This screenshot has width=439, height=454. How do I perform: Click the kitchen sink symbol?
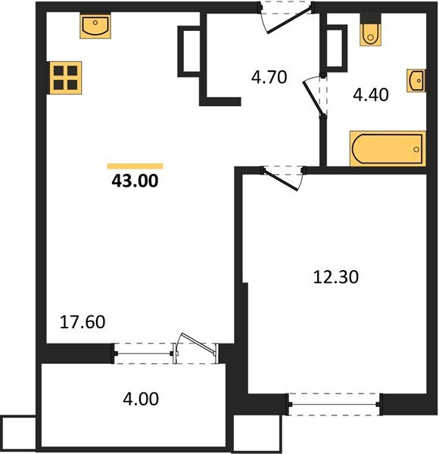click(95, 26)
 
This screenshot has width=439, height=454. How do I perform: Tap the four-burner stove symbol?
click(65, 78)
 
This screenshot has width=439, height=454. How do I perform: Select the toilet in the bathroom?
click(370, 33)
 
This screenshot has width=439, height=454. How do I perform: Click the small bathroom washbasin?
click(416, 80)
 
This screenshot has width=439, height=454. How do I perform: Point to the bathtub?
click(388, 149)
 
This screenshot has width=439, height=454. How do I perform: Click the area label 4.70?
click(269, 77)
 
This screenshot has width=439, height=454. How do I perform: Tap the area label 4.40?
click(371, 95)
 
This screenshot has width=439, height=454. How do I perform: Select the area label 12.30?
click(336, 277)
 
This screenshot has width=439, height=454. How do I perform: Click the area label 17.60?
click(83, 322)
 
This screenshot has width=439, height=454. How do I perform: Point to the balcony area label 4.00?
click(141, 399)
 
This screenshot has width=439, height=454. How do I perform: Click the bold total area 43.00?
click(135, 181)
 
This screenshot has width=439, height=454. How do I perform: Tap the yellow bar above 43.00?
click(135, 166)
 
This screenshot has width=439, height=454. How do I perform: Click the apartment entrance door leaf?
click(290, 20)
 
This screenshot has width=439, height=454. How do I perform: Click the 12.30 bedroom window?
click(335, 405)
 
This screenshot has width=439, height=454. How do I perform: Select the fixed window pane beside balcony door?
click(144, 353)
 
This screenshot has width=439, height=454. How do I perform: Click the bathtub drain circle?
click(416, 149)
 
